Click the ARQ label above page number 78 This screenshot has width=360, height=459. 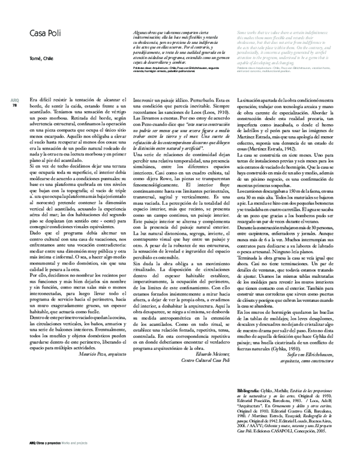(x=15, y=100)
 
